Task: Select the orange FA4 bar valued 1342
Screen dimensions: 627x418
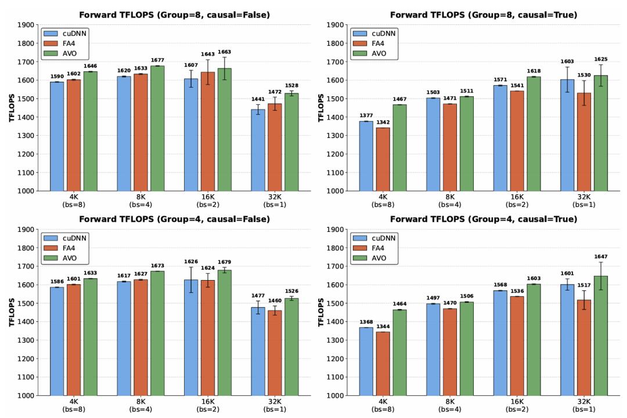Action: coord(383,159)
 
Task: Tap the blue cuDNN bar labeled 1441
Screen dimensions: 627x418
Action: coord(258,150)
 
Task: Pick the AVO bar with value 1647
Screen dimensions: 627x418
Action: coord(601,336)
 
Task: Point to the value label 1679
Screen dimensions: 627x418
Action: coord(224,262)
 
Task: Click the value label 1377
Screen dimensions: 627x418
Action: coord(366,116)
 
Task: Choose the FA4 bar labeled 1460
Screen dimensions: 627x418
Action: coord(275,353)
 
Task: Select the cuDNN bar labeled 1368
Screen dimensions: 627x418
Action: coord(366,362)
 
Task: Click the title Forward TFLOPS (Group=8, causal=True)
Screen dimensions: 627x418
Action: coord(484,14)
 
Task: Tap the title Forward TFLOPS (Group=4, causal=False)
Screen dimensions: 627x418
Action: coord(174,219)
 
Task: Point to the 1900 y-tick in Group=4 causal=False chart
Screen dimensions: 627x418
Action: coord(26,230)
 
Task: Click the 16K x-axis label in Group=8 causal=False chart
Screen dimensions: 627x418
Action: coord(208,197)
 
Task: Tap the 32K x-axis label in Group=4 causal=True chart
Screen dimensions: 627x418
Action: coord(584,401)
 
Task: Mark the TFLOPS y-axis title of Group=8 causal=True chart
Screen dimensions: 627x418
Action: coord(320,108)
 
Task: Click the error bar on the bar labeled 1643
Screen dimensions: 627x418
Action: coord(207,72)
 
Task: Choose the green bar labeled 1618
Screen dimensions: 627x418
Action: coord(534,134)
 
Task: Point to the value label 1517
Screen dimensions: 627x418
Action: coord(584,285)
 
